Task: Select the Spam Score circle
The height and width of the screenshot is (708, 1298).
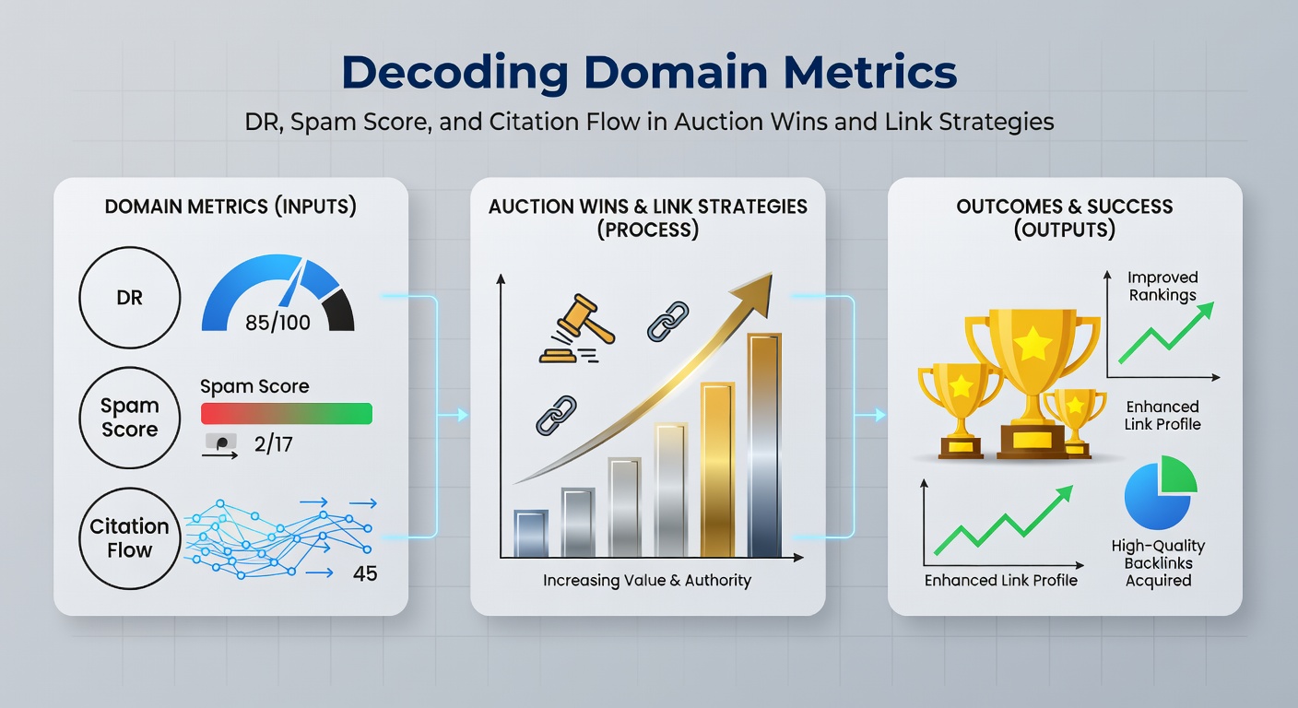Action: [x=130, y=418]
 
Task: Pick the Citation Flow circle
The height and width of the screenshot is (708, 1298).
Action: [x=130, y=538]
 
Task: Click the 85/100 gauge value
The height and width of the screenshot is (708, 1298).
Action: [x=277, y=323]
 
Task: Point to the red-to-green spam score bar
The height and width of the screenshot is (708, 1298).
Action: [x=286, y=413]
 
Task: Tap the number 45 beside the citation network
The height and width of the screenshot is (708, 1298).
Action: [x=365, y=573]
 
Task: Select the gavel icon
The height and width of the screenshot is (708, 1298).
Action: [x=571, y=327]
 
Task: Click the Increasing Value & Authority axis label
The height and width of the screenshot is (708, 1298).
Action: [x=646, y=581]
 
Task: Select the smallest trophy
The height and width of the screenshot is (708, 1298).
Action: [x=1075, y=419]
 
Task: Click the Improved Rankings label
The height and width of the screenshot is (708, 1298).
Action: [x=1162, y=286]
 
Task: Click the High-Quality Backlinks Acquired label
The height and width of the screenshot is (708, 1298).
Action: [x=1158, y=563]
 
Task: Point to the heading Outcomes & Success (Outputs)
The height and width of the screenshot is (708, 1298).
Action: [x=1064, y=217]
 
